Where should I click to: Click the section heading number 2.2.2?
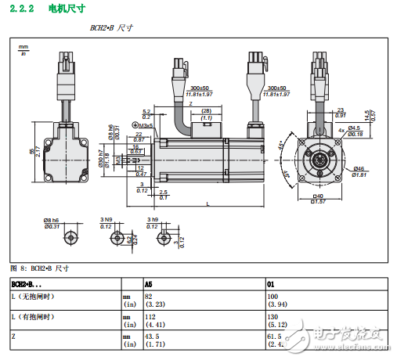pos(22,9)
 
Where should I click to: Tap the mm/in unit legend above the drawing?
pos(23,50)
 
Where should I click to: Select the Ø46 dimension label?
pos(359,171)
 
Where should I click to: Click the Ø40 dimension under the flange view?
pos(318,198)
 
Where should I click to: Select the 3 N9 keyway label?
pos(106,219)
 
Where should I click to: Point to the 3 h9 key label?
pos(153,219)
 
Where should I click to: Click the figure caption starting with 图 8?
pos(39,268)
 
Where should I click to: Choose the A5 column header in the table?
pos(149,283)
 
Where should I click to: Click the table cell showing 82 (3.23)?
pos(153,301)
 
